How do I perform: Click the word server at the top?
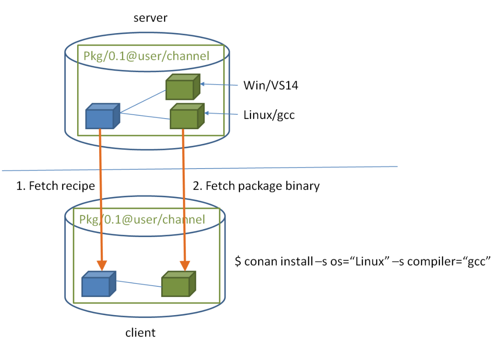[x=150, y=18]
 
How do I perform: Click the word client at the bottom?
[x=140, y=333]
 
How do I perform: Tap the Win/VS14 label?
[x=271, y=85]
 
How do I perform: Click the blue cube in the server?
[x=103, y=116]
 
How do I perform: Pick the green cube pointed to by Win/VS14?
[x=183, y=87]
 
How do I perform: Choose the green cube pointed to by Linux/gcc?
[x=187, y=116]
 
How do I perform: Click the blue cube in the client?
[x=99, y=284]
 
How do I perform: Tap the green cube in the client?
[x=179, y=284]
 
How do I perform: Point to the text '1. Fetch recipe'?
[x=55, y=186]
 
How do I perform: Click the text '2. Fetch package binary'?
[x=256, y=186]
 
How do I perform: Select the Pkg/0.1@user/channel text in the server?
[x=146, y=56]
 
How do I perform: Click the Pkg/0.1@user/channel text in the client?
[x=142, y=219]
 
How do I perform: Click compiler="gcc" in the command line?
[x=449, y=262]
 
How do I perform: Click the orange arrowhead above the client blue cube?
[x=102, y=265]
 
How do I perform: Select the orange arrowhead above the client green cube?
[x=185, y=265]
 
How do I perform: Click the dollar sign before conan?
[x=238, y=261]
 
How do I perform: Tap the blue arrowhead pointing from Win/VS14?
[x=202, y=84]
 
